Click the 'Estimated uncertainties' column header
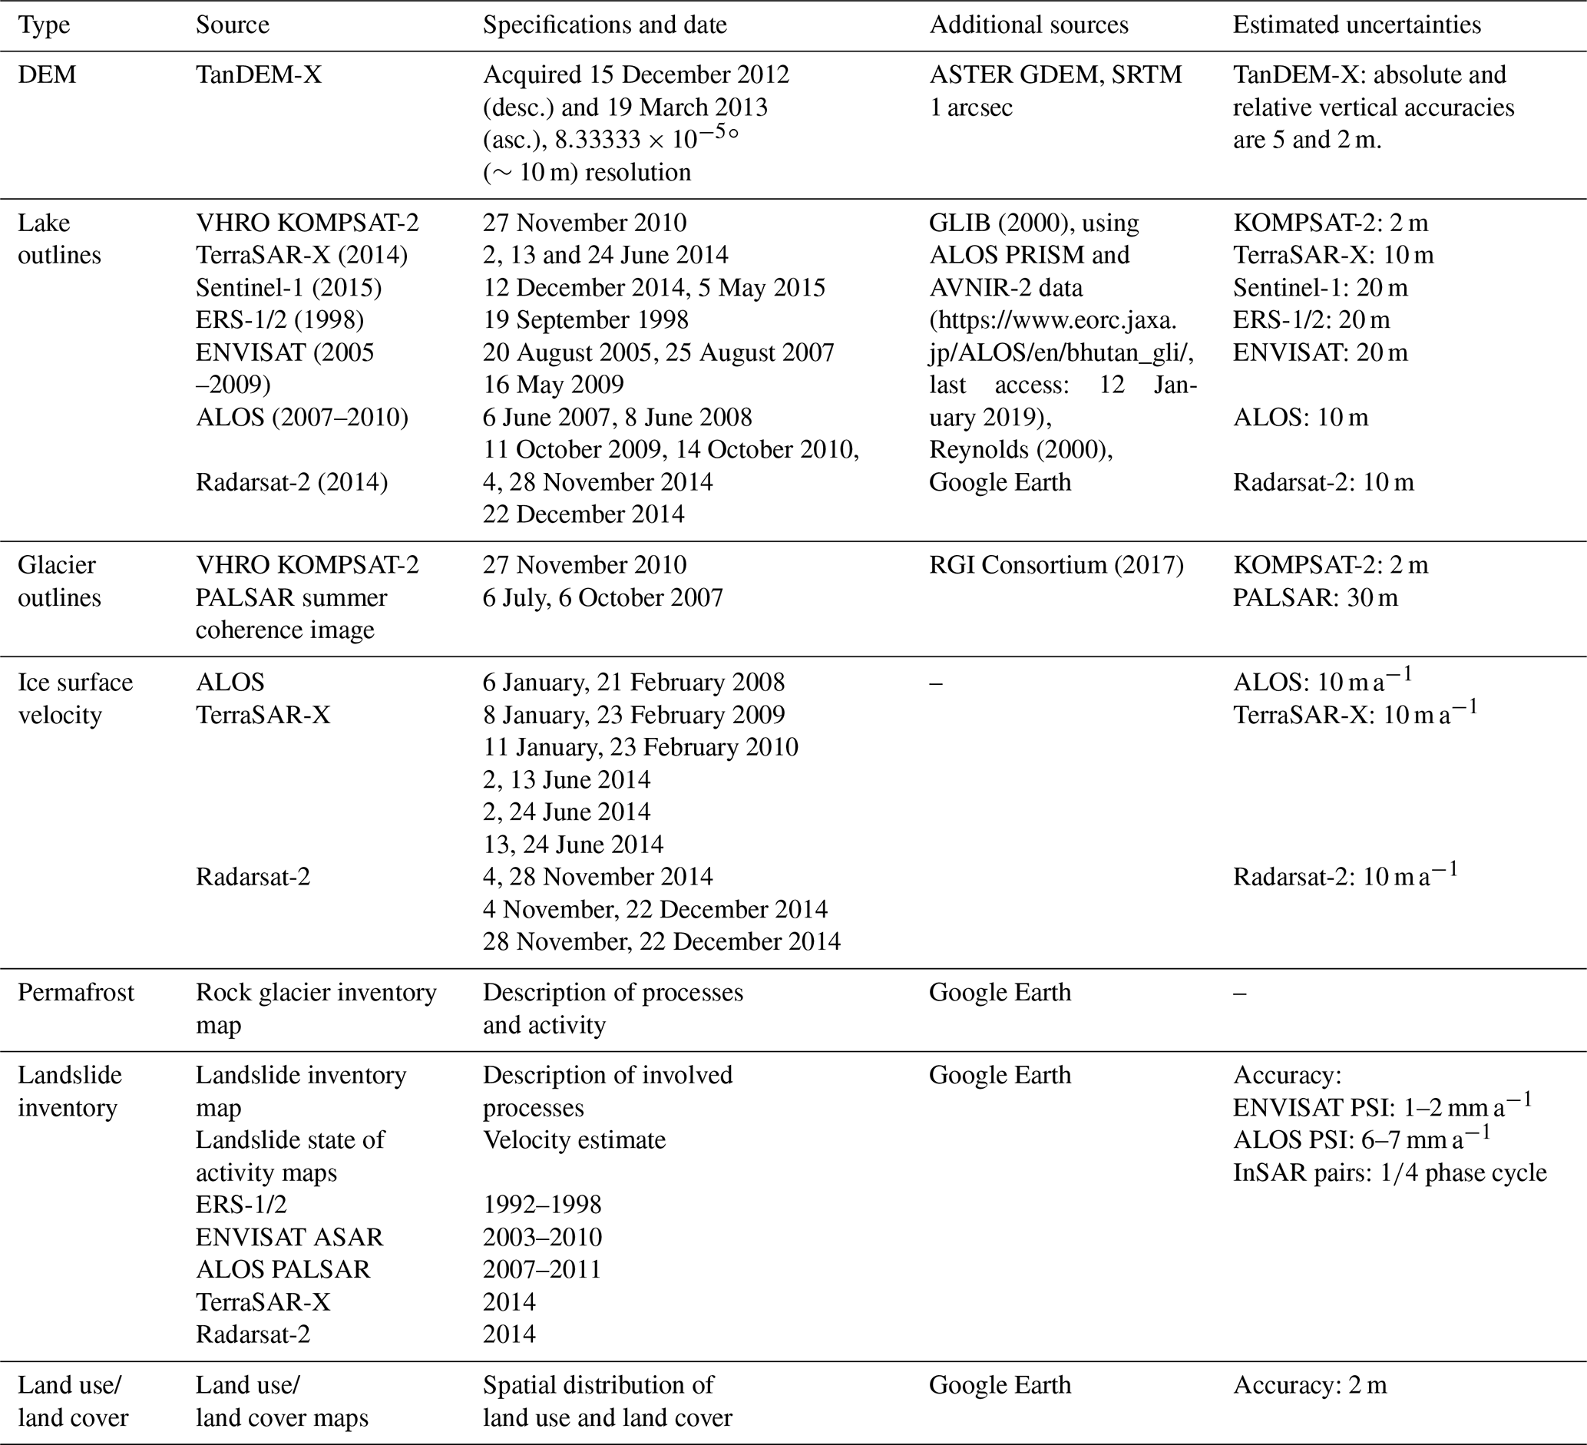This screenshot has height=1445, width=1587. (1357, 25)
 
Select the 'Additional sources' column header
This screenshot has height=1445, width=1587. (1028, 25)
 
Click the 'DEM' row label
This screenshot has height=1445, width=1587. (48, 74)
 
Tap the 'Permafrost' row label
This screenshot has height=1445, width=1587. (75, 992)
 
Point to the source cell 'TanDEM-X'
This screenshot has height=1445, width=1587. (258, 74)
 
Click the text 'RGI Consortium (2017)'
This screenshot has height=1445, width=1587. (1056, 564)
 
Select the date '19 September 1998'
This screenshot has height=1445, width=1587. (585, 319)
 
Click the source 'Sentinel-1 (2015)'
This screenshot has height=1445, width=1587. (288, 287)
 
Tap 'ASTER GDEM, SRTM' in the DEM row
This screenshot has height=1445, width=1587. (1055, 74)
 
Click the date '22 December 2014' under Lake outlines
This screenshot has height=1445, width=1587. (584, 514)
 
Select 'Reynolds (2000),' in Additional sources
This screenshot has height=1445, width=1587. (1021, 449)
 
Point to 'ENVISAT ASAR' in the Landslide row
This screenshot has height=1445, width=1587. (289, 1236)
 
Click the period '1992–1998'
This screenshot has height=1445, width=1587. (541, 1204)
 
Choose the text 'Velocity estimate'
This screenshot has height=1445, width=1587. (574, 1139)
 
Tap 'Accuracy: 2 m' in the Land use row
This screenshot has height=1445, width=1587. (1309, 1384)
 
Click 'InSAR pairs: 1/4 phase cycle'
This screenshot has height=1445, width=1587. (1390, 1172)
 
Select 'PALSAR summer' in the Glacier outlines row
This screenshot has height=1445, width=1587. (291, 597)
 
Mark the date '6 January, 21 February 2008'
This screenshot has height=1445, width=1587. (633, 682)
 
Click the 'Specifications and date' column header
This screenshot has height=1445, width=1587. (604, 25)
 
